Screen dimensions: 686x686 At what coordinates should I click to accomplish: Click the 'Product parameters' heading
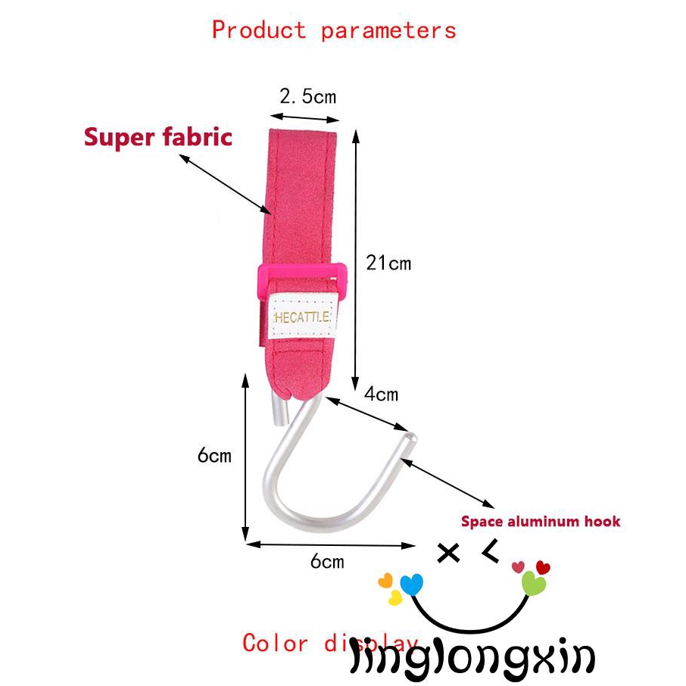[334, 30]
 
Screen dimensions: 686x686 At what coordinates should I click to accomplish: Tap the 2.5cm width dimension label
[307, 96]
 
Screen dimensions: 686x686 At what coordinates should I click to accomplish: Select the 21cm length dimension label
[388, 263]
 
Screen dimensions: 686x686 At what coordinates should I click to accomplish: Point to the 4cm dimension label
[380, 394]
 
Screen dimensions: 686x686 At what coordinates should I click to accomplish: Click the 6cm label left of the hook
[214, 455]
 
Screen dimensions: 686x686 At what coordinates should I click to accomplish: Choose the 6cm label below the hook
[327, 561]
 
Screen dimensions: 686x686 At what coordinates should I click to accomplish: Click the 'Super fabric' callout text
[157, 137]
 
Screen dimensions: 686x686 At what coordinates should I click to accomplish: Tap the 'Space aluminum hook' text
[541, 521]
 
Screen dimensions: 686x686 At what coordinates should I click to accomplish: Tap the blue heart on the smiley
[411, 584]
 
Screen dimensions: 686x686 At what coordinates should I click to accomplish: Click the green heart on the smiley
[533, 584]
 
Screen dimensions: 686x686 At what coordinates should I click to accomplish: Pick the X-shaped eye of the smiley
[449, 553]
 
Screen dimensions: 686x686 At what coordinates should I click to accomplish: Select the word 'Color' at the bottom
[275, 644]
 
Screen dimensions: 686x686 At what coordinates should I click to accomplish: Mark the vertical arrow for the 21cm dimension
[355, 257]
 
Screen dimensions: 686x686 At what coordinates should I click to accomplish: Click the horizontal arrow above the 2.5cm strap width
[304, 117]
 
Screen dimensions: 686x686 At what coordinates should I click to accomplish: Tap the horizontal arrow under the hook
[330, 544]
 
